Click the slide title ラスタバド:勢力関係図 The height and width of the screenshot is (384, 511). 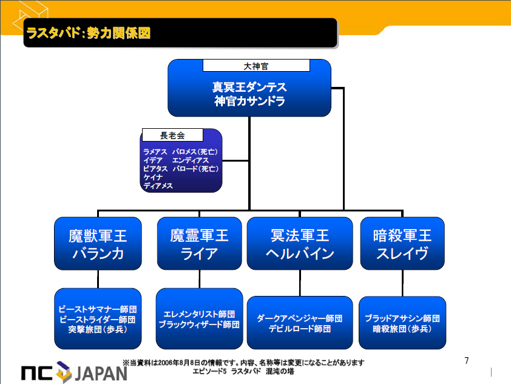(x=88, y=33)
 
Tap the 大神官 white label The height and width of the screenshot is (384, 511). (x=256, y=66)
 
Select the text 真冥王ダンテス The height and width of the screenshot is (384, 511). (x=249, y=87)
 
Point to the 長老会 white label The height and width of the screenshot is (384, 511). (x=172, y=135)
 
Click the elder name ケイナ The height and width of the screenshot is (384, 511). (x=152, y=177)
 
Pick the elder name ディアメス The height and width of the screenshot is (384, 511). (x=158, y=186)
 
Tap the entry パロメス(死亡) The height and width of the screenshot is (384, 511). (x=195, y=152)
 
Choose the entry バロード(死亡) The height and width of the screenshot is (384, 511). (x=195, y=169)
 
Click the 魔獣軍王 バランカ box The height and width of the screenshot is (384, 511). (x=98, y=244)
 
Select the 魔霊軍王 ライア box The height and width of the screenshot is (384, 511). (x=200, y=244)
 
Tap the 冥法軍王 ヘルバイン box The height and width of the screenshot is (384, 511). (x=300, y=244)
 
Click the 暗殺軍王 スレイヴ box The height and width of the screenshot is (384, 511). (x=402, y=244)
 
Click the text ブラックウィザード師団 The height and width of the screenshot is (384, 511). (x=199, y=324)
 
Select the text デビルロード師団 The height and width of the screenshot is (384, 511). (x=300, y=329)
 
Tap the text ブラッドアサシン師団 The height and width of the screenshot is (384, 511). (x=402, y=318)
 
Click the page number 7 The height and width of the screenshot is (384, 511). (x=466, y=360)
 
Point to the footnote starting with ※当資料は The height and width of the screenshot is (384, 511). (x=243, y=363)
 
